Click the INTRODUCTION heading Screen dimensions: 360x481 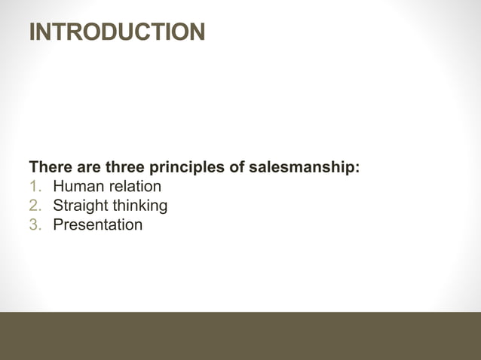(x=117, y=32)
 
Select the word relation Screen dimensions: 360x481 (x=133, y=186)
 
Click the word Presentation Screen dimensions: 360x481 (x=97, y=224)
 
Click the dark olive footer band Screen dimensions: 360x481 (x=240, y=336)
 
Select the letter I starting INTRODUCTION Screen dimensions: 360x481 (x=32, y=32)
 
